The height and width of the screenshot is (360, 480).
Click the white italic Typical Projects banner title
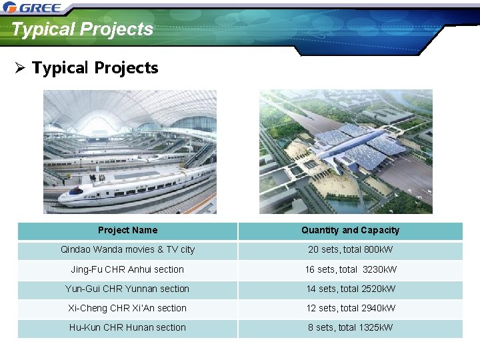[x=82, y=29]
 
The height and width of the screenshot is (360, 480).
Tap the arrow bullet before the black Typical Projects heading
[x=21, y=68]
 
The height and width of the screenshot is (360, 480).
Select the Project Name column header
[x=127, y=231]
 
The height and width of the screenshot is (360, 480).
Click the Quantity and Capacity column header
[x=350, y=231]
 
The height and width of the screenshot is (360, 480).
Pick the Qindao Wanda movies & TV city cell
[x=127, y=250]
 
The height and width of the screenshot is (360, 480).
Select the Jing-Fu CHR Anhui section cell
[x=127, y=269]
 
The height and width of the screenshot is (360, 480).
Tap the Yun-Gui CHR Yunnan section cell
[x=127, y=289]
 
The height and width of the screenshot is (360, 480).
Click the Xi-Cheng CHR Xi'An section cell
[x=127, y=308]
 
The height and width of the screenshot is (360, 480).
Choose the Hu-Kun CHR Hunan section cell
[x=127, y=327]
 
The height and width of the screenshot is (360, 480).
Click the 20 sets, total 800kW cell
[x=350, y=250]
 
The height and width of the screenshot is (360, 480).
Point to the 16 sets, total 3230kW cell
[x=350, y=269]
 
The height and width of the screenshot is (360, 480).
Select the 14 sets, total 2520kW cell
[x=350, y=289]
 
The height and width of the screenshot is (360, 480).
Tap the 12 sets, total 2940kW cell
[x=350, y=308]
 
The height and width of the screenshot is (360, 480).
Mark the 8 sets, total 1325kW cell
[x=350, y=327]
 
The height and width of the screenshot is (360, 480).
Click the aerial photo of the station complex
[x=345, y=151]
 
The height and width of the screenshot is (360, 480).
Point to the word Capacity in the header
[x=380, y=231]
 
